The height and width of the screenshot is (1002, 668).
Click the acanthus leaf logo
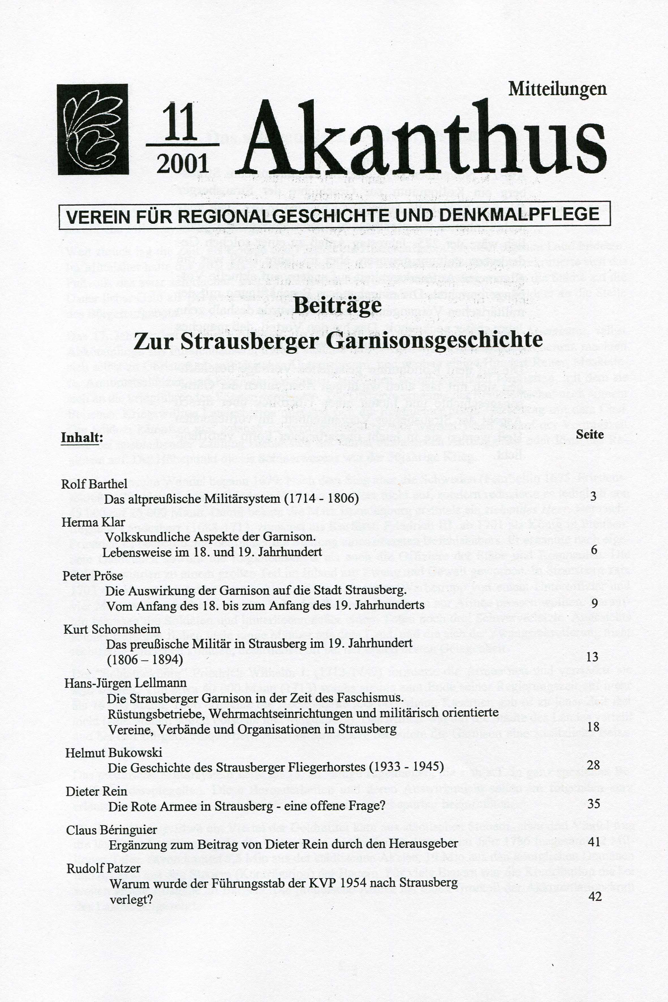click(93, 130)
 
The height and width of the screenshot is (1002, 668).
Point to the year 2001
click(182, 163)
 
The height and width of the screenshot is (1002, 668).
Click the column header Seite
click(590, 435)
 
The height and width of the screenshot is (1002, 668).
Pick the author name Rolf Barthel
click(94, 484)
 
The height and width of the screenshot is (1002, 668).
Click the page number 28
click(593, 765)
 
